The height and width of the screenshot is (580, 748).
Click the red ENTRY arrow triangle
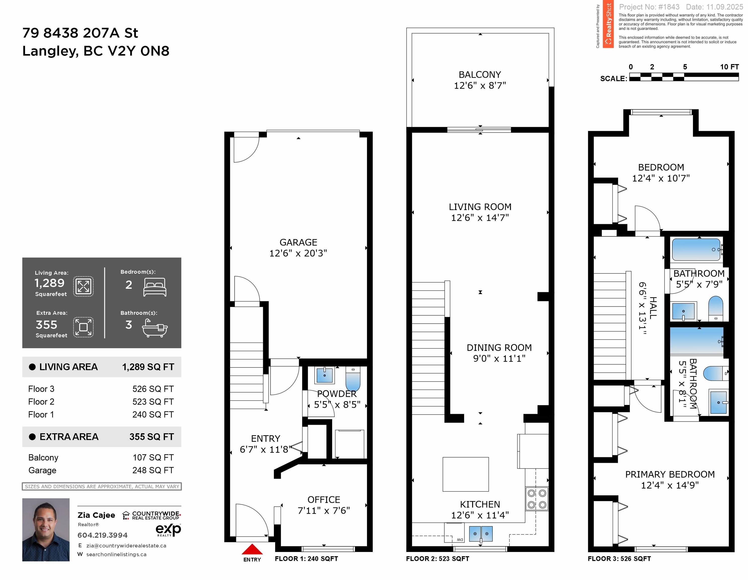coord(252,549)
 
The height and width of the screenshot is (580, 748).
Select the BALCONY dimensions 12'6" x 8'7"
coord(480,86)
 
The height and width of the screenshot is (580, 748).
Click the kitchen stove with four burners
coord(537,499)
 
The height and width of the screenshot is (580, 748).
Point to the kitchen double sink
coord(480,534)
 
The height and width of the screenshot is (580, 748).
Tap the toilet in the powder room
coord(353,379)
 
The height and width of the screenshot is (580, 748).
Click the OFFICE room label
coord(324,500)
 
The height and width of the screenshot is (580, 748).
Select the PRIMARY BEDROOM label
coord(669,475)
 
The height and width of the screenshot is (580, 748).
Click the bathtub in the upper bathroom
coord(696,250)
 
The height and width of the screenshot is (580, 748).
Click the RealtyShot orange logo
coord(608,24)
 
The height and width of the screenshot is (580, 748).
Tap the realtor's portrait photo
coord(46,530)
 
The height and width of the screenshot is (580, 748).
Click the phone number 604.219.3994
coord(102,535)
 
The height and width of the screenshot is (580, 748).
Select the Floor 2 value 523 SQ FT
coord(153,402)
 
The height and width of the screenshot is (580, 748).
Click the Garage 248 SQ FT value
coord(153,470)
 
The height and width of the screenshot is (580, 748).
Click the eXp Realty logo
coord(168,530)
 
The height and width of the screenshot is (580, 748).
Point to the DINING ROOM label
coord(499,348)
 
